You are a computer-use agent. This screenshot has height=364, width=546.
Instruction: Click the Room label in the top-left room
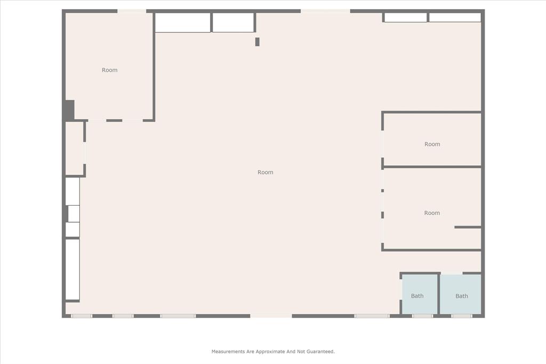(x=110, y=70)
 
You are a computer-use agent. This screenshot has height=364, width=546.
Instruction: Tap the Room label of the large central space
(x=266, y=172)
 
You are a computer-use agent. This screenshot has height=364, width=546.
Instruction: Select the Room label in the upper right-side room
(x=432, y=144)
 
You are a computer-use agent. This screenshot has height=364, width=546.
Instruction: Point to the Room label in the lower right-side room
(x=432, y=213)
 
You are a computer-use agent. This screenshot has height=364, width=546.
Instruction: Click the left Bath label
(x=417, y=296)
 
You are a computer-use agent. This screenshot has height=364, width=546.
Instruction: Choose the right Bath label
(x=462, y=296)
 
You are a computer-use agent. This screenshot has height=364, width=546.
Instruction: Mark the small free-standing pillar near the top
(x=258, y=42)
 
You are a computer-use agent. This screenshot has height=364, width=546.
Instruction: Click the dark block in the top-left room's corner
(x=69, y=110)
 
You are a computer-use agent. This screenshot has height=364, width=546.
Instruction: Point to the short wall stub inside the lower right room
(x=468, y=228)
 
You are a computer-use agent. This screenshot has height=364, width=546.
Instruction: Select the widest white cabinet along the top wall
(x=182, y=22)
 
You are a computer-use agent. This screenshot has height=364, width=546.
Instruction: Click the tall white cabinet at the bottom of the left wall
(x=73, y=269)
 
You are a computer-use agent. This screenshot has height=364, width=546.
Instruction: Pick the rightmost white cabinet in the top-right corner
(x=455, y=18)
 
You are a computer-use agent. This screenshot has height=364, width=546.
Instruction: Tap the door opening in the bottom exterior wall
(x=271, y=316)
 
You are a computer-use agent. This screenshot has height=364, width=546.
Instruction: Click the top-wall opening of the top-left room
(x=132, y=11)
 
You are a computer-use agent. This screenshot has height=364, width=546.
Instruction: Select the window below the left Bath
(x=422, y=316)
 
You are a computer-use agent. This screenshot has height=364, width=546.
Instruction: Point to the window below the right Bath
(x=462, y=316)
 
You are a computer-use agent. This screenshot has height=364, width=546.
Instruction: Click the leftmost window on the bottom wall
(x=82, y=316)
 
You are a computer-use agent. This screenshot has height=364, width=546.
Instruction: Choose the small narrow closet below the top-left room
(x=74, y=149)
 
